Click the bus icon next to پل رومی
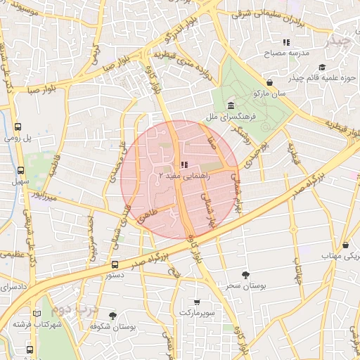tap(18, 127)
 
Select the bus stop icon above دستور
tap(115, 265)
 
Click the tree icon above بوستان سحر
tap(245, 275)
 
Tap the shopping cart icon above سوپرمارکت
tap(198, 301)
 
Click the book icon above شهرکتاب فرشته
tap(37, 314)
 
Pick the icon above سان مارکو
tap(269, 82)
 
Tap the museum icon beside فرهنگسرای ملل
tap(231, 106)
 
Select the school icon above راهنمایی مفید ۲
tap(184, 164)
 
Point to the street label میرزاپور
tap(49, 197)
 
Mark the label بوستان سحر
tap(245, 286)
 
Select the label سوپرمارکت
tap(198, 311)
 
